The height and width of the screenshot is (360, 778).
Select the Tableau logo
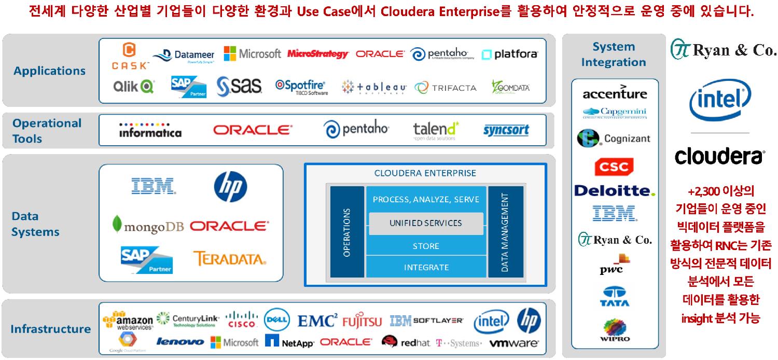(374, 88)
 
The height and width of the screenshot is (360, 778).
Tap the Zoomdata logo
(511, 87)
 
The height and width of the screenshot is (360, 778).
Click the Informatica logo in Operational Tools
(150, 130)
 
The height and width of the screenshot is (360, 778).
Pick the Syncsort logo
(506, 130)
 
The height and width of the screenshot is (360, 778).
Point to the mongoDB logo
(148, 226)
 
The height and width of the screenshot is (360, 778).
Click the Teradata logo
(229, 258)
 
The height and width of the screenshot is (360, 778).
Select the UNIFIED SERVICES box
(425, 223)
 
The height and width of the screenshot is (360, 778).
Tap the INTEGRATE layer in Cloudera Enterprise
(426, 267)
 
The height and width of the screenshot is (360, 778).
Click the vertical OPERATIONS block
(347, 231)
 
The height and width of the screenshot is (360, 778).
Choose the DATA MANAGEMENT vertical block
(505, 231)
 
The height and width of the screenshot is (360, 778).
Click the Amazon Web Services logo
(128, 320)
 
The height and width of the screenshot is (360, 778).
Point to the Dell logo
(276, 320)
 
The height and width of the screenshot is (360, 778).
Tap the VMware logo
(514, 343)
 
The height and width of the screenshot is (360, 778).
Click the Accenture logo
(615, 93)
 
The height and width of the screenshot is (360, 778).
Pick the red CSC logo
(614, 167)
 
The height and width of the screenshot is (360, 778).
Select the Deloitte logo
(615, 191)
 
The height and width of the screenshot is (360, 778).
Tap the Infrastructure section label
(50, 329)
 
